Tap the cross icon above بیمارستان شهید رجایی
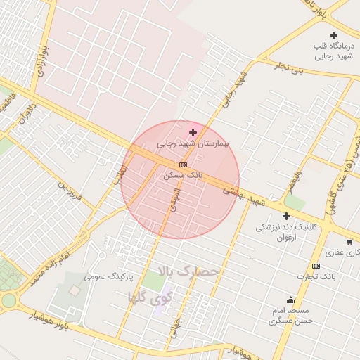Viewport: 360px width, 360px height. tap(193, 132)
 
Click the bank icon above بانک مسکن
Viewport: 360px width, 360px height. tap(184, 165)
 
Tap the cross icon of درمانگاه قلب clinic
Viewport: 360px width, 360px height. tap(333, 35)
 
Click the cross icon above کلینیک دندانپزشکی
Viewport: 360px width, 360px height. tap(286, 216)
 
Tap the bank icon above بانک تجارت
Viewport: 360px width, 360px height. tap(316, 266)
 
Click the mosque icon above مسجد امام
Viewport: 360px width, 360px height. tap(290, 300)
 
